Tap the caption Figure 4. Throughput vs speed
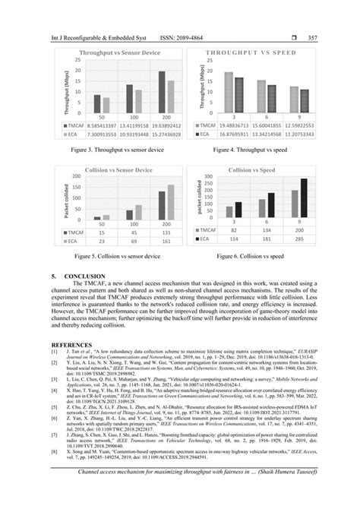tap(257, 151)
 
